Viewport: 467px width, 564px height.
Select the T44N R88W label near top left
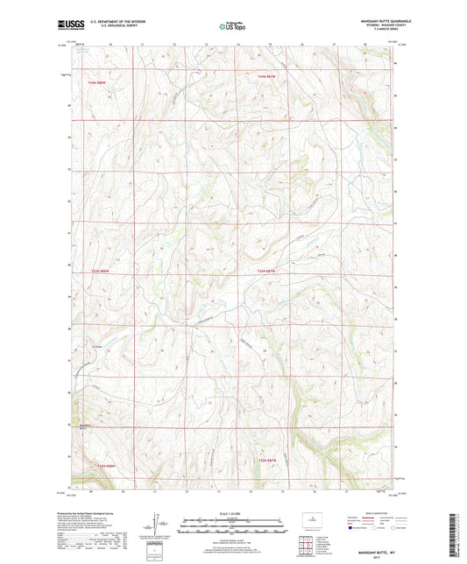click(98, 82)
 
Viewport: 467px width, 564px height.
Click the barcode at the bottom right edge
click(459, 525)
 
